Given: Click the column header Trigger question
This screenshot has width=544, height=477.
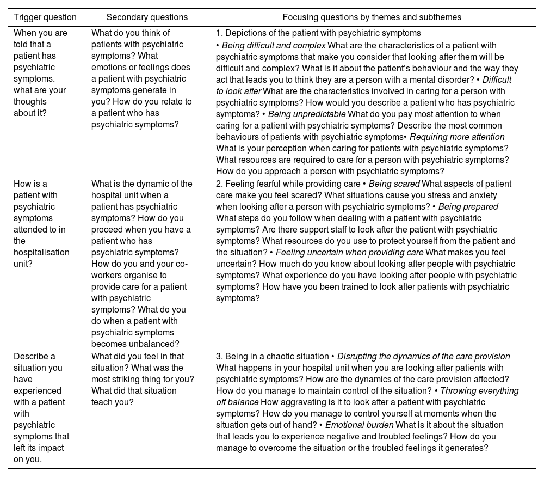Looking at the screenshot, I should pos(45,17).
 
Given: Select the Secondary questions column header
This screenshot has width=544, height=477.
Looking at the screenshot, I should pos(147,17).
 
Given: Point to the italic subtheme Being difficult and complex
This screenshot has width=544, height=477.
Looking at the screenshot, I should pos(274,45).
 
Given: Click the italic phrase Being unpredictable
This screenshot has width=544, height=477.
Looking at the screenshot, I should pos(307,114).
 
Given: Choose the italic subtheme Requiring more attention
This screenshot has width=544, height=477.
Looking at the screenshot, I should pos(457,137).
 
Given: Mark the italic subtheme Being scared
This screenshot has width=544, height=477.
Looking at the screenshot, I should pos(394,184).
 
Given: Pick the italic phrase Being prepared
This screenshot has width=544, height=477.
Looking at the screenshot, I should pos(468,206).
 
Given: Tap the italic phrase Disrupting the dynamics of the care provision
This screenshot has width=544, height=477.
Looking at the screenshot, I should pos(423,356).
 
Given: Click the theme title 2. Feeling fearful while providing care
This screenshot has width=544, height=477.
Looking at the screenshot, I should pos(288,184).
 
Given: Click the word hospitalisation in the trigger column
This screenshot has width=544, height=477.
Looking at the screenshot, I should pos(41,252).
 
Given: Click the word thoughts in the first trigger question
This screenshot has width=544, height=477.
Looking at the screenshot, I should pos(30,102).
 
